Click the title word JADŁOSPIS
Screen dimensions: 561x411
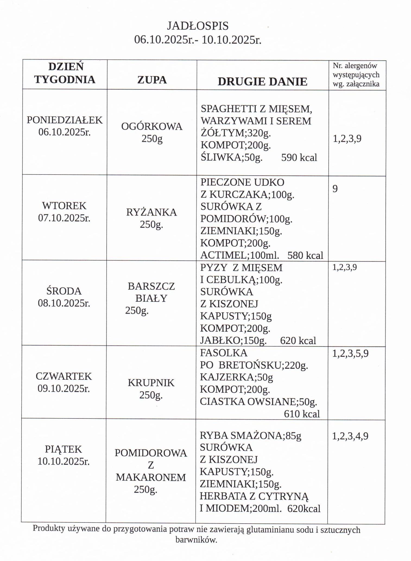tap(197, 26)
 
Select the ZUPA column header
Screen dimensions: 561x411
tap(152, 80)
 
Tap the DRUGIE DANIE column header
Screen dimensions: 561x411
tap(262, 82)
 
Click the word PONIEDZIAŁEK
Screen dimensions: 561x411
tap(65, 120)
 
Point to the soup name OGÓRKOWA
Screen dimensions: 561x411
tap(152, 127)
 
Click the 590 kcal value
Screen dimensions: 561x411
tap(299, 157)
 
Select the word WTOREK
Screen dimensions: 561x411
tap(64, 206)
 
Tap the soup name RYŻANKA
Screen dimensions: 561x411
tap(151, 212)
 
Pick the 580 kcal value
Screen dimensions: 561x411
tap(305, 255)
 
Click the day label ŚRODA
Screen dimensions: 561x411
tap(64, 291)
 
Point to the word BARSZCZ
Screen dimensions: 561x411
tap(151, 286)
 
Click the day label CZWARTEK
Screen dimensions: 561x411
tap(64, 376)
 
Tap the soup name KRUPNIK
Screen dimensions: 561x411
tap(151, 383)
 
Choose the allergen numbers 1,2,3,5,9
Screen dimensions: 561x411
tap(350, 353)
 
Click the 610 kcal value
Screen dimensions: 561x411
tap(302, 414)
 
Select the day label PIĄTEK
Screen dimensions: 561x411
tap(63, 449)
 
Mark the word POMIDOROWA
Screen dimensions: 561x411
tap(151, 453)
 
